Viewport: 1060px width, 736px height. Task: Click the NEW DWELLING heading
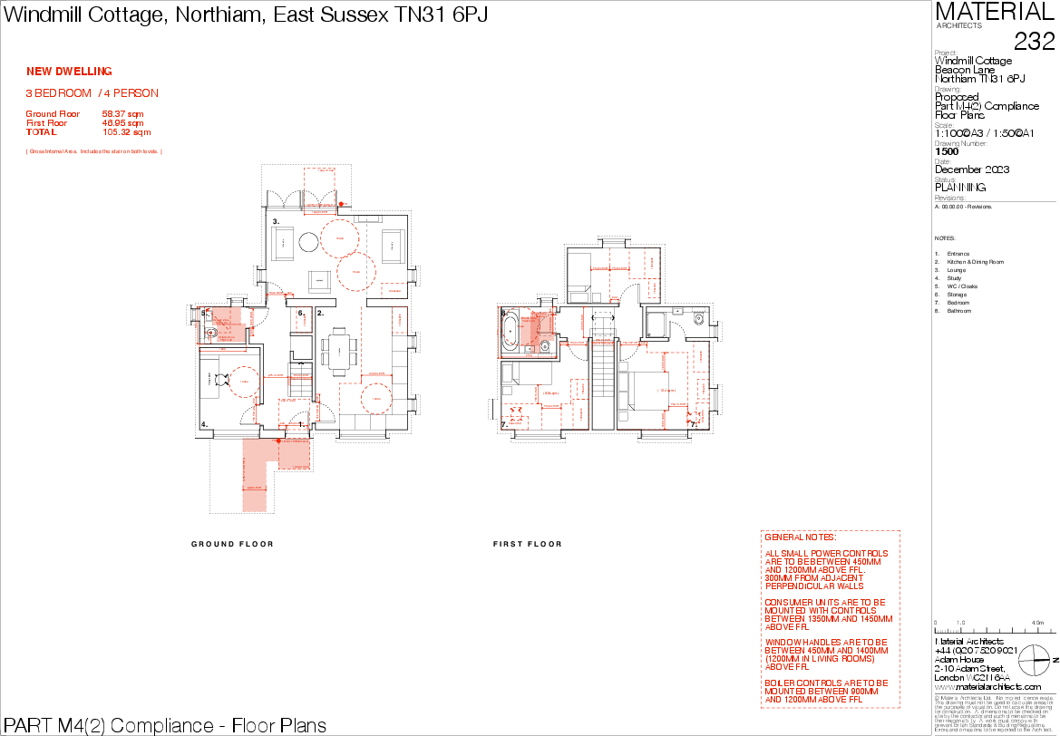tap(69, 72)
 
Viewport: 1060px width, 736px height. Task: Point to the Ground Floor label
tap(53, 114)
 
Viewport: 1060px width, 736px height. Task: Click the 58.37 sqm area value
tap(122, 114)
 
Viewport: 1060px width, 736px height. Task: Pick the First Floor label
tap(46, 123)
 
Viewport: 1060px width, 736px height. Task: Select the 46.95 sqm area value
tap(122, 123)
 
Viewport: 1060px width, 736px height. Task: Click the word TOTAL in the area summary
tap(41, 132)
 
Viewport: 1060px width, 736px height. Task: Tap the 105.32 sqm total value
tap(126, 132)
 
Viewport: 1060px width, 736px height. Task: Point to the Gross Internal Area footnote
tap(94, 151)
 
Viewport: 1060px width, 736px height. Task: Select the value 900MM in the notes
tap(865, 692)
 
